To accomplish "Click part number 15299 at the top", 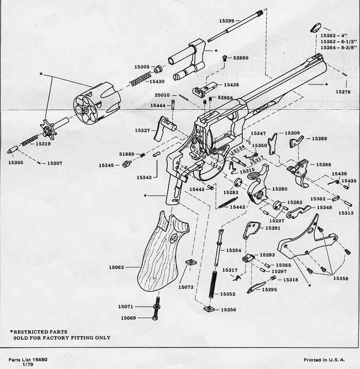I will pyautogui.click(x=226, y=21).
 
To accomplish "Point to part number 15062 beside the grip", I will pyautogui.click(x=117, y=267).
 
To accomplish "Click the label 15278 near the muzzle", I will pyautogui.click(x=343, y=92).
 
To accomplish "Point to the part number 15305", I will pyautogui.click(x=15, y=162).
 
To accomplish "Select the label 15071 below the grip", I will pyautogui.click(x=126, y=306).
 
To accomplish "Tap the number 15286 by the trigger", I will pyautogui.click(x=323, y=165).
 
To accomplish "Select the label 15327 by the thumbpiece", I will pyautogui.click(x=142, y=130).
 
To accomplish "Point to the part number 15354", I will pyautogui.click(x=234, y=250).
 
